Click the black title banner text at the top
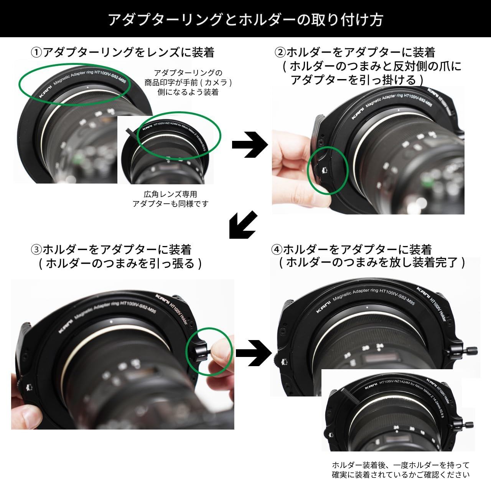click(245, 19)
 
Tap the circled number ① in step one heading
click(36, 53)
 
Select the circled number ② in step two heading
click(280, 53)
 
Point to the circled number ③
click(36, 250)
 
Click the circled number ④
click(277, 250)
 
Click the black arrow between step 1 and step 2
click(249, 145)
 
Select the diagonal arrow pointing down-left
click(243, 225)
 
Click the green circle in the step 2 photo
click(328, 169)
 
